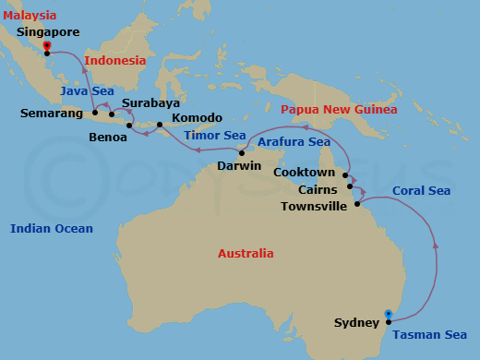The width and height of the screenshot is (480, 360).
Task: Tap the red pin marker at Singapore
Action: pyautogui.click(x=47, y=46)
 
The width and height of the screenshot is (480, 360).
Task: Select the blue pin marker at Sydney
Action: pyautogui.click(x=389, y=314)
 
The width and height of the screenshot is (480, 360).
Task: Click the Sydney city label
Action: pyautogui.click(x=357, y=323)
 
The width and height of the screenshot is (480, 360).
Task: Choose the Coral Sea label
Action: pyautogui.click(x=421, y=191)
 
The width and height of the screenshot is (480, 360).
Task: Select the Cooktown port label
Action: pyautogui.click(x=304, y=173)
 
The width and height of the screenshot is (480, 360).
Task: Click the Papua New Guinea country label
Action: pyautogui.click(x=339, y=109)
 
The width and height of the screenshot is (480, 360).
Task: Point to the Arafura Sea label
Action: pyautogui.click(x=294, y=142)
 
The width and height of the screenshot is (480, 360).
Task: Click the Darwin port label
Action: pyautogui.click(x=239, y=166)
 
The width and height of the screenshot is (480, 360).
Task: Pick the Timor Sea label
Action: pyautogui.click(x=213, y=135)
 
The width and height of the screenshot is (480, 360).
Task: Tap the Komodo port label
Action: pyautogui.click(x=197, y=118)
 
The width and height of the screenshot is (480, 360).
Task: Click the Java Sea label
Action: pyautogui.click(x=88, y=90)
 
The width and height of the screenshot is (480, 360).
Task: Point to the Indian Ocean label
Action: pyautogui.click(x=52, y=229)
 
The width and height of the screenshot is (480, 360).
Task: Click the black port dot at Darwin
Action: pyautogui.click(x=241, y=153)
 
